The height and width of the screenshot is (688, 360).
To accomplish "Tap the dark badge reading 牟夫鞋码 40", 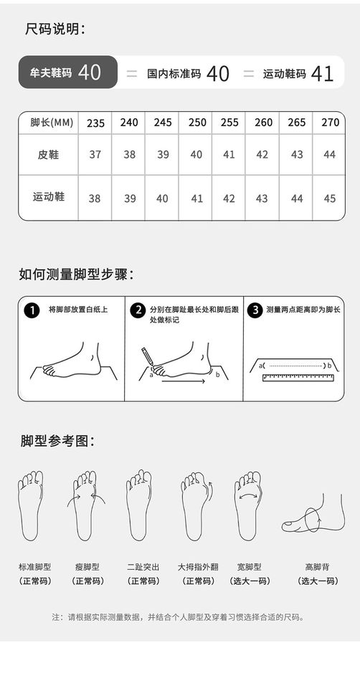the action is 68,72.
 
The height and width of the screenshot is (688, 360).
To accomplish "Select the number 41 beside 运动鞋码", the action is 322,74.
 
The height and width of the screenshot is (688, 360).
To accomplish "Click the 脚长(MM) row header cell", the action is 49,123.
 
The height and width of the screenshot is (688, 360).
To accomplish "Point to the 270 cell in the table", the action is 330,122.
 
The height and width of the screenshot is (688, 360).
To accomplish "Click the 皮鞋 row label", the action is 48,155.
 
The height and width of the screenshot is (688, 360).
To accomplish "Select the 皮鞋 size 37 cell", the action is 95,155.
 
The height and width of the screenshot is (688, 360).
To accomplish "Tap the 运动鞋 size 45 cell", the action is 329,199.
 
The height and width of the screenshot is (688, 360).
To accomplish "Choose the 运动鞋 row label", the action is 48,196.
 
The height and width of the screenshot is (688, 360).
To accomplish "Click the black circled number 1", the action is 32,310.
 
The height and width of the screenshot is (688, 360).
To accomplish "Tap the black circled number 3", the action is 255,310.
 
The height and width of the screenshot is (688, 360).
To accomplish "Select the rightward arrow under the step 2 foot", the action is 183,381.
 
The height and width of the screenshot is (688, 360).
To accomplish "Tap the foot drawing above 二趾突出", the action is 138,505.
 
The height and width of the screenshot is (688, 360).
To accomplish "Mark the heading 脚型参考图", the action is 57,441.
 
